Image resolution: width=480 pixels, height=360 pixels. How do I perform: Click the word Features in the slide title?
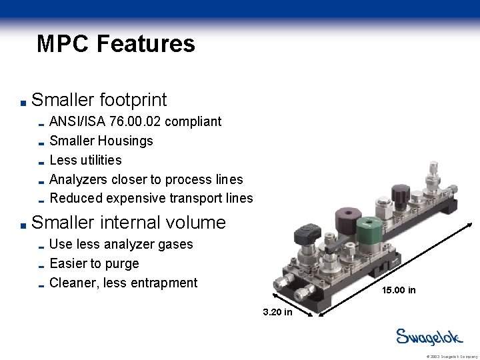tap(145, 44)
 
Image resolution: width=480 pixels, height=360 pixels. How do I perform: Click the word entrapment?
tap(163, 283)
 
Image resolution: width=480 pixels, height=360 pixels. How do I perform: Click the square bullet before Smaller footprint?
tap(23, 103)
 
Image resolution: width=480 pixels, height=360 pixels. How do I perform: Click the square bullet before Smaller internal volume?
tap(23, 224)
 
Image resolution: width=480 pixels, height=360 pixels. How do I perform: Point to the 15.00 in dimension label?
tap(399, 290)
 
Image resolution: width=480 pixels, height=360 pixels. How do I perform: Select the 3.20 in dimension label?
tap(277, 312)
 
